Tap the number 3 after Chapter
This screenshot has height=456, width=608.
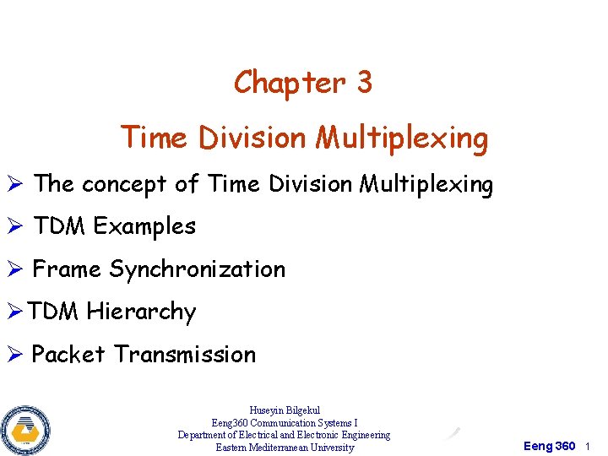tap(364, 83)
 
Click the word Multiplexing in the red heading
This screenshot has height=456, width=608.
tap(402, 138)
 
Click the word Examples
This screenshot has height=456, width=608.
tap(144, 226)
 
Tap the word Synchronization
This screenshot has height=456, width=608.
tap(198, 270)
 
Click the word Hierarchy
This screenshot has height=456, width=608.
tap(141, 312)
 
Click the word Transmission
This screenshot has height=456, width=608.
tap(185, 355)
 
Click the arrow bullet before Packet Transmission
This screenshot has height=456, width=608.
tap(16, 355)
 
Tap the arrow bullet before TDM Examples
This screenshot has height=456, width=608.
tap(16, 226)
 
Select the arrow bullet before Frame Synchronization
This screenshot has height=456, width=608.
tap(16, 269)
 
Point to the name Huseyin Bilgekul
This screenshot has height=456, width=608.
tap(285, 410)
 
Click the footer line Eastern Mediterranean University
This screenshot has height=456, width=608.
tap(285, 448)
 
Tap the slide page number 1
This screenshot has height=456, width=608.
tap(588, 446)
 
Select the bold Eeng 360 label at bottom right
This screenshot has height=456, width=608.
tap(550, 446)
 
